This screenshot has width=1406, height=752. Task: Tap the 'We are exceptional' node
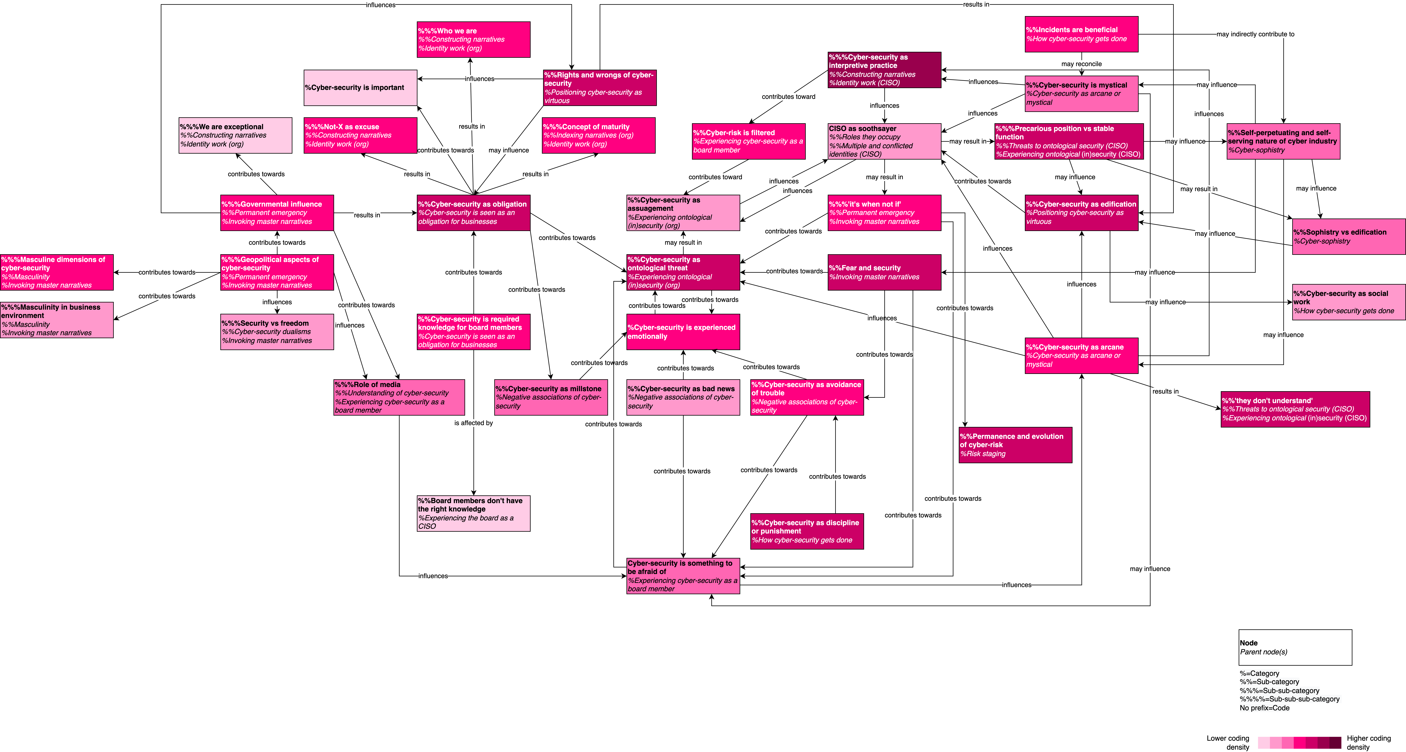[x=235, y=135]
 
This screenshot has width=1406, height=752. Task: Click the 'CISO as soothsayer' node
[x=884, y=141]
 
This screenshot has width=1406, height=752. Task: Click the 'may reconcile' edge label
[x=1081, y=64]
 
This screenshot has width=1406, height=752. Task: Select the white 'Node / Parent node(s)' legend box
[x=1295, y=647]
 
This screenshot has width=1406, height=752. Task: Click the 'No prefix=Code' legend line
[x=1265, y=708]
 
